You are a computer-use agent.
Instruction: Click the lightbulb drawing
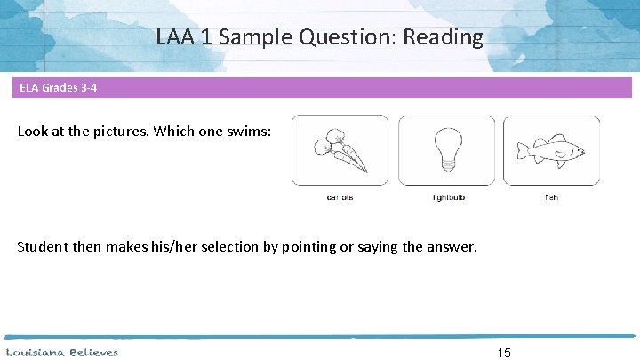point(447,148)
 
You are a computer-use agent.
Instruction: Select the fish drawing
point(551,150)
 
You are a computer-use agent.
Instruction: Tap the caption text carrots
point(340,197)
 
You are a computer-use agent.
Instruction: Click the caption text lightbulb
point(448,197)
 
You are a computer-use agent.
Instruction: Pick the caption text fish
point(551,197)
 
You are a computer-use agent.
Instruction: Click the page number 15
point(504,353)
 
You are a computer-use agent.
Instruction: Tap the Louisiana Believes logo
point(62,352)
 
